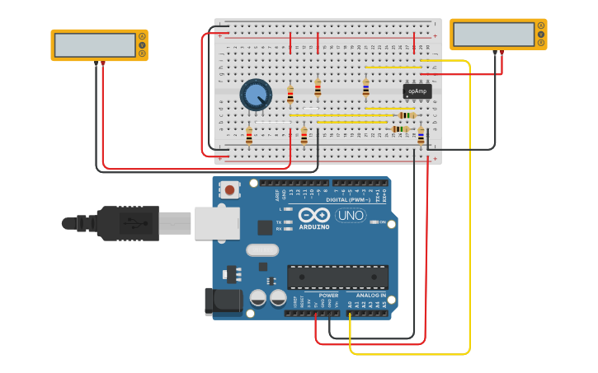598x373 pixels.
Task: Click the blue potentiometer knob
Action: point(256,96)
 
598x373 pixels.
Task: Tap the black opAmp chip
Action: point(417,91)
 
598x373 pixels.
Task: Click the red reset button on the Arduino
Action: point(229,191)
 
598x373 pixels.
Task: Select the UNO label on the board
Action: point(350,215)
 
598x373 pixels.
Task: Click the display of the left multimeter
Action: point(95,45)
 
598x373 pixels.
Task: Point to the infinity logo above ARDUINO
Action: point(319,215)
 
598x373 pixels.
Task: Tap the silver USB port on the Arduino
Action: point(217,223)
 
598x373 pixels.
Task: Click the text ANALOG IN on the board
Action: point(370,295)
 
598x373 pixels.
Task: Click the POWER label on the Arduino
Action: point(328,295)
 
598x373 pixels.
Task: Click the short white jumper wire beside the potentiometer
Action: point(311,109)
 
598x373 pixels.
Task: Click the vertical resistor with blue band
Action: point(366,87)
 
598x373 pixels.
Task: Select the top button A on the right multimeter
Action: point(541,26)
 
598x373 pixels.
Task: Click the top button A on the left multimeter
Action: point(142,36)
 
